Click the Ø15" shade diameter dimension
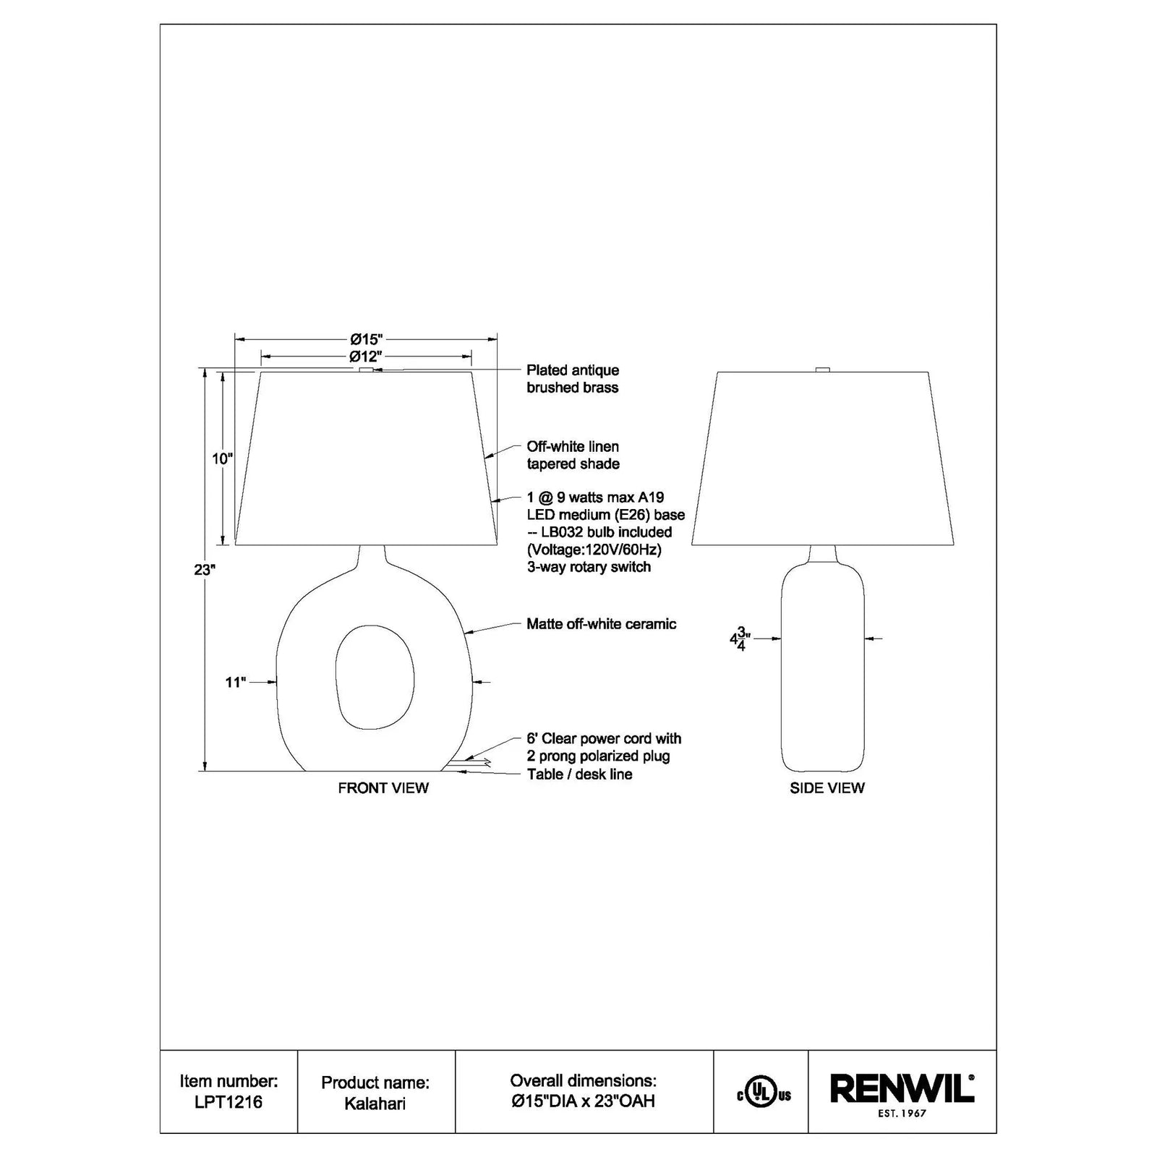point(366,338)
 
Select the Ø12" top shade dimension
point(365,357)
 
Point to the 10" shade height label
point(223,458)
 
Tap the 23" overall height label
point(205,570)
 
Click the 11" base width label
point(236,682)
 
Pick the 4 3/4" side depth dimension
point(740,639)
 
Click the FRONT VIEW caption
point(383,788)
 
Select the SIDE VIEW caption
point(827,788)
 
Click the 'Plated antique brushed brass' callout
point(573,379)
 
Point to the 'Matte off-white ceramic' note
point(602,624)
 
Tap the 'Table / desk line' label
point(579,774)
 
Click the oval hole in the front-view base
point(375,677)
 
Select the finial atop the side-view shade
point(822,370)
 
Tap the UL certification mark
point(764,1095)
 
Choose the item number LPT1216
point(229,1102)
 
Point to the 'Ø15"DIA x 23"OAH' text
point(583,1102)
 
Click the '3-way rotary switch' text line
point(589,567)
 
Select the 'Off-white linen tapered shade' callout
point(573,456)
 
